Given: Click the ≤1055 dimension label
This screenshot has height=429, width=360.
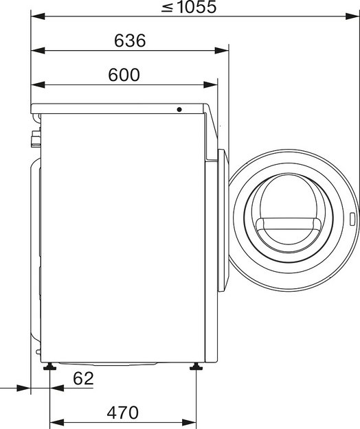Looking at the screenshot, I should tap(190, 8).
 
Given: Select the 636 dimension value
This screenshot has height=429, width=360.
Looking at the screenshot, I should tap(130, 40).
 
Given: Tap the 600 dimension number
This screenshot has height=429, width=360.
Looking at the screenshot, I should tap(124, 75).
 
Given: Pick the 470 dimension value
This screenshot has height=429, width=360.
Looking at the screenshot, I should tap(124, 413).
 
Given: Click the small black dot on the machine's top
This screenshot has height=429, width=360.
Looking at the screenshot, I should tap(179, 109).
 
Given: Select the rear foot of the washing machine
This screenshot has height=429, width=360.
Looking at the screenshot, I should tap(50, 368).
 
